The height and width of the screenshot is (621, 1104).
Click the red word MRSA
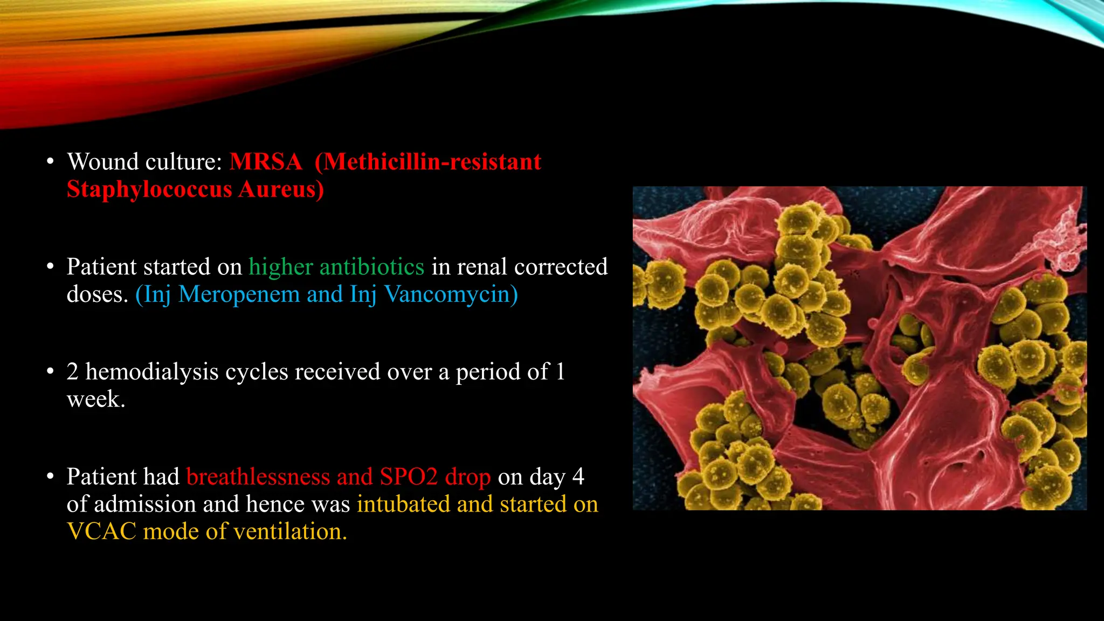tap(265, 162)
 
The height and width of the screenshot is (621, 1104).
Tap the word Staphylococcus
tap(149, 190)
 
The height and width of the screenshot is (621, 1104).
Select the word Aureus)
tap(281, 190)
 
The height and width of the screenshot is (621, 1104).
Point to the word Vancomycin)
tap(451, 295)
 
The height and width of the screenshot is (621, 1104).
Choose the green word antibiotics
tap(371, 267)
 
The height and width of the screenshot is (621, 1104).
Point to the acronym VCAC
tap(101, 532)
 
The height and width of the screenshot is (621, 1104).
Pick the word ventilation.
tap(291, 532)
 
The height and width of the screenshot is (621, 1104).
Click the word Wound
tap(102, 162)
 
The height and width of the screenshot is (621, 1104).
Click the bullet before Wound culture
tap(50, 162)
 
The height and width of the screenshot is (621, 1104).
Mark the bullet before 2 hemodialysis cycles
tap(50, 372)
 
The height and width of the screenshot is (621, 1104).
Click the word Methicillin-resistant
tap(428, 162)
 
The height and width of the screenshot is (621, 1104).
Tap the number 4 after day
tap(578, 477)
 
